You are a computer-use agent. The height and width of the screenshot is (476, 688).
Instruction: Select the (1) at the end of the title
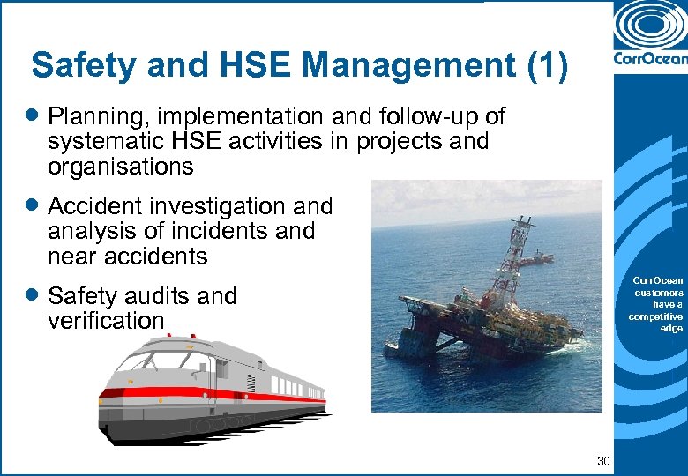point(547,66)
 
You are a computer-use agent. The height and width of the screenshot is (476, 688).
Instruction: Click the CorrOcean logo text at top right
point(650,62)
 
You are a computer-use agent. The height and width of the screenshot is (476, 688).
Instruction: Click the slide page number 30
point(603,460)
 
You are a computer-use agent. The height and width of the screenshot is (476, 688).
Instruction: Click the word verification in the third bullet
point(106,321)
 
